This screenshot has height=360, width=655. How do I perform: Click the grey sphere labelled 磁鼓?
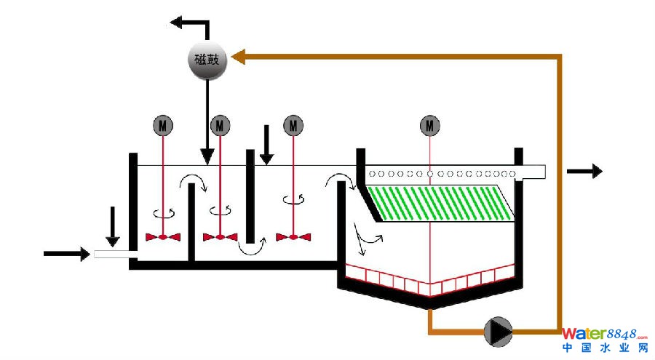point(207,59)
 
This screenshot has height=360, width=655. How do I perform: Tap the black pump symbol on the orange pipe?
point(499,332)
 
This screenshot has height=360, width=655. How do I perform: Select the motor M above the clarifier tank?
point(430,126)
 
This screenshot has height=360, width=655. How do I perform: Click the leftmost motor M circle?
point(162,126)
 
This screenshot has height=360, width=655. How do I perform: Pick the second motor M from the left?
point(219,126)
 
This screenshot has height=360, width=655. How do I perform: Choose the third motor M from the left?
point(293,126)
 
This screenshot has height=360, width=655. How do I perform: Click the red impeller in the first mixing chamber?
point(162,237)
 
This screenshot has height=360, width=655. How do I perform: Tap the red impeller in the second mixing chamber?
point(219,237)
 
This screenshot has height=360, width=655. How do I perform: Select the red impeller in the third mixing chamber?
point(293,237)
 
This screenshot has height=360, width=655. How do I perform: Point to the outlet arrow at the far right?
point(585,172)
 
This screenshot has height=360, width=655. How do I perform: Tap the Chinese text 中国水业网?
point(605,348)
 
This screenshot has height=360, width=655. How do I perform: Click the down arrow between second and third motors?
point(267,145)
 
